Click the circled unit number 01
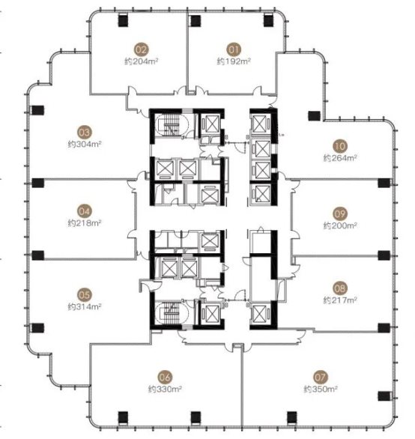point(234,50)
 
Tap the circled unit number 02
point(141,50)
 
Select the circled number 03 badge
point(85,133)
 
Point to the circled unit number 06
point(165,377)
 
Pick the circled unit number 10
point(340,146)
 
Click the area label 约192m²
point(234,61)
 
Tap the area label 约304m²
point(85,144)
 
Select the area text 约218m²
point(85,223)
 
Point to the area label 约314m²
point(85,306)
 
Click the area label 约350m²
point(321,389)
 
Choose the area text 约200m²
point(340,225)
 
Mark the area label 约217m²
point(340,300)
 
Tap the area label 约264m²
point(340,158)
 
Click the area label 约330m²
point(165,389)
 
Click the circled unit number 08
point(340,288)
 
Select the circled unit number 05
point(85,295)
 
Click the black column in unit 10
point(314,115)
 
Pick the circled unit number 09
point(340,214)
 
